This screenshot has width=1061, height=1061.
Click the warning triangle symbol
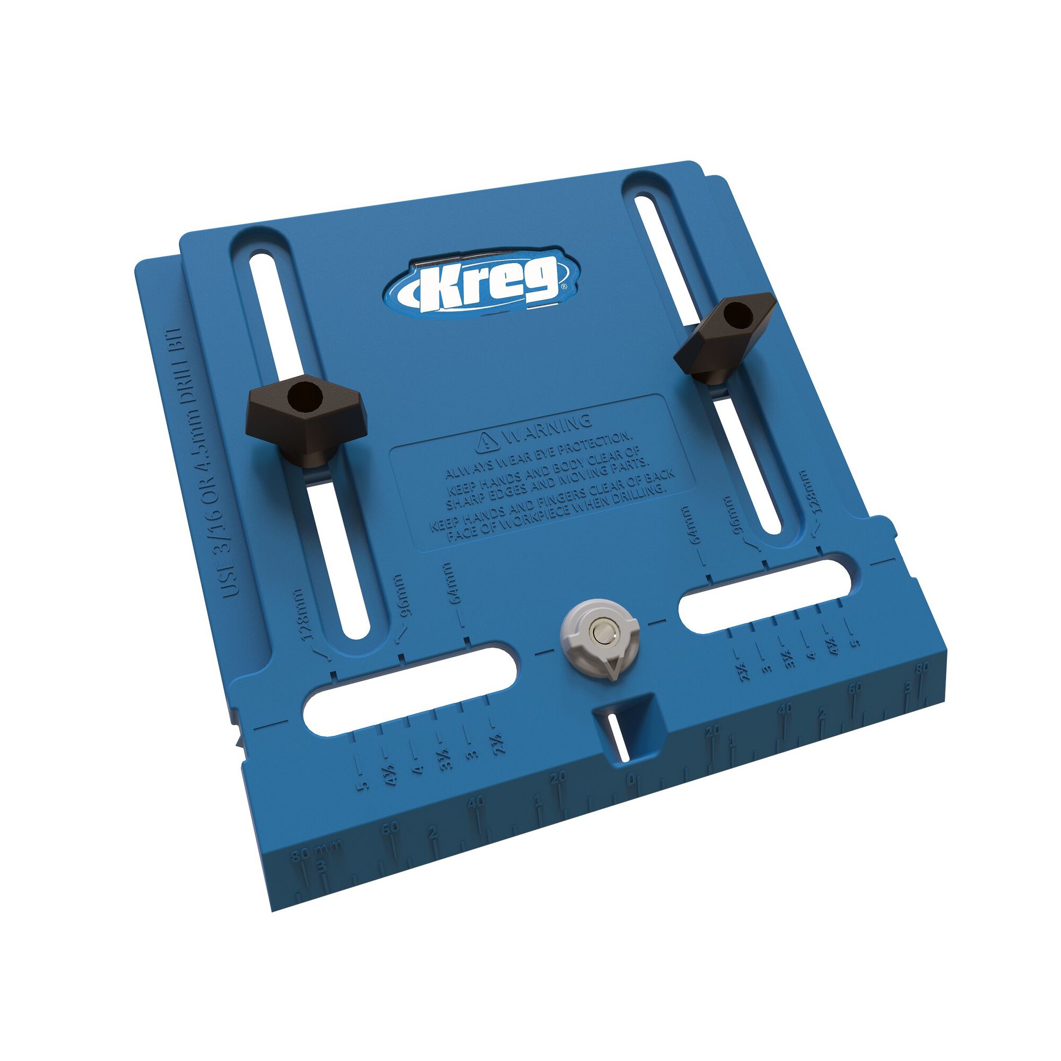coord(486,440)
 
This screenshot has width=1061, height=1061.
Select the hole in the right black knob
coord(736,315)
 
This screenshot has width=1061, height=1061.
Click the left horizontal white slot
coord(408,689)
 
